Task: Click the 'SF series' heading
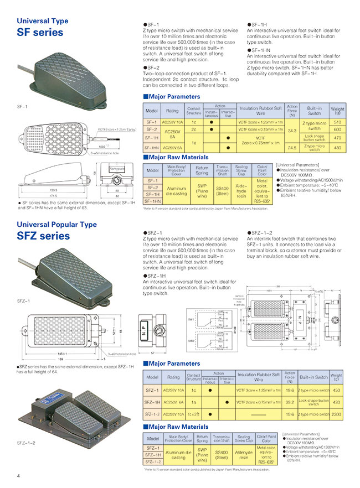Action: pos(40,32)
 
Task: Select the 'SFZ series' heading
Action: pos(43,236)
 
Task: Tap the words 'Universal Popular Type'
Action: pos(56,225)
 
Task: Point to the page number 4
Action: pos(18,476)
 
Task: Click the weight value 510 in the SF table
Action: pos(337,122)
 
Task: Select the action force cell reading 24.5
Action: pos(292,148)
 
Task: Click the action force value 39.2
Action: pos(289,401)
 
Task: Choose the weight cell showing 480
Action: pos(337,148)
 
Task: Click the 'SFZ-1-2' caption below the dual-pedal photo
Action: pos(27,443)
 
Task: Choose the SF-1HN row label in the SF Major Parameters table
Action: pos(152,148)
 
